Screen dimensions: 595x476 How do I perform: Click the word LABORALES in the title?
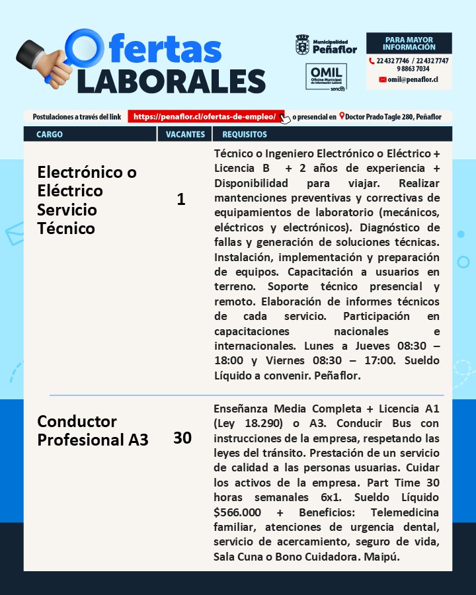[x=171, y=81]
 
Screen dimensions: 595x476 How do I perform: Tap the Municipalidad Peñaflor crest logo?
[x=302, y=46]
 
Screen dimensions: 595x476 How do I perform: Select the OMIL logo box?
[x=326, y=77]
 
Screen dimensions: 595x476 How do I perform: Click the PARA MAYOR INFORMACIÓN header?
[x=409, y=44]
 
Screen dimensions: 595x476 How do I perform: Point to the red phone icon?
[x=372, y=61]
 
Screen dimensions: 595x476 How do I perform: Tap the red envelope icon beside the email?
[x=383, y=79]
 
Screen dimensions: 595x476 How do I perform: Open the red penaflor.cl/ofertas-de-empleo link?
[x=205, y=116]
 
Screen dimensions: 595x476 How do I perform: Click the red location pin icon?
[x=341, y=116]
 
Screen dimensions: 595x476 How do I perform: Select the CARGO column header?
[x=50, y=134]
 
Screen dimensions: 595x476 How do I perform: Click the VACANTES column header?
[x=184, y=134]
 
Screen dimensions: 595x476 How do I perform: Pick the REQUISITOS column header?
[x=245, y=134]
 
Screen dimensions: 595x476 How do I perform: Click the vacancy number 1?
[x=181, y=200]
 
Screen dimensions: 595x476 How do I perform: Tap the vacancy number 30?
[x=182, y=438]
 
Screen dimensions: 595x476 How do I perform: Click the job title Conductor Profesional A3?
[x=93, y=430]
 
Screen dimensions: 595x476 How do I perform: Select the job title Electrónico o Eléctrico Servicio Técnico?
[x=87, y=200]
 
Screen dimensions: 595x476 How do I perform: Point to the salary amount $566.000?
[x=237, y=512]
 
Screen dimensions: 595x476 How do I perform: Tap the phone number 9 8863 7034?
[x=413, y=69]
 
